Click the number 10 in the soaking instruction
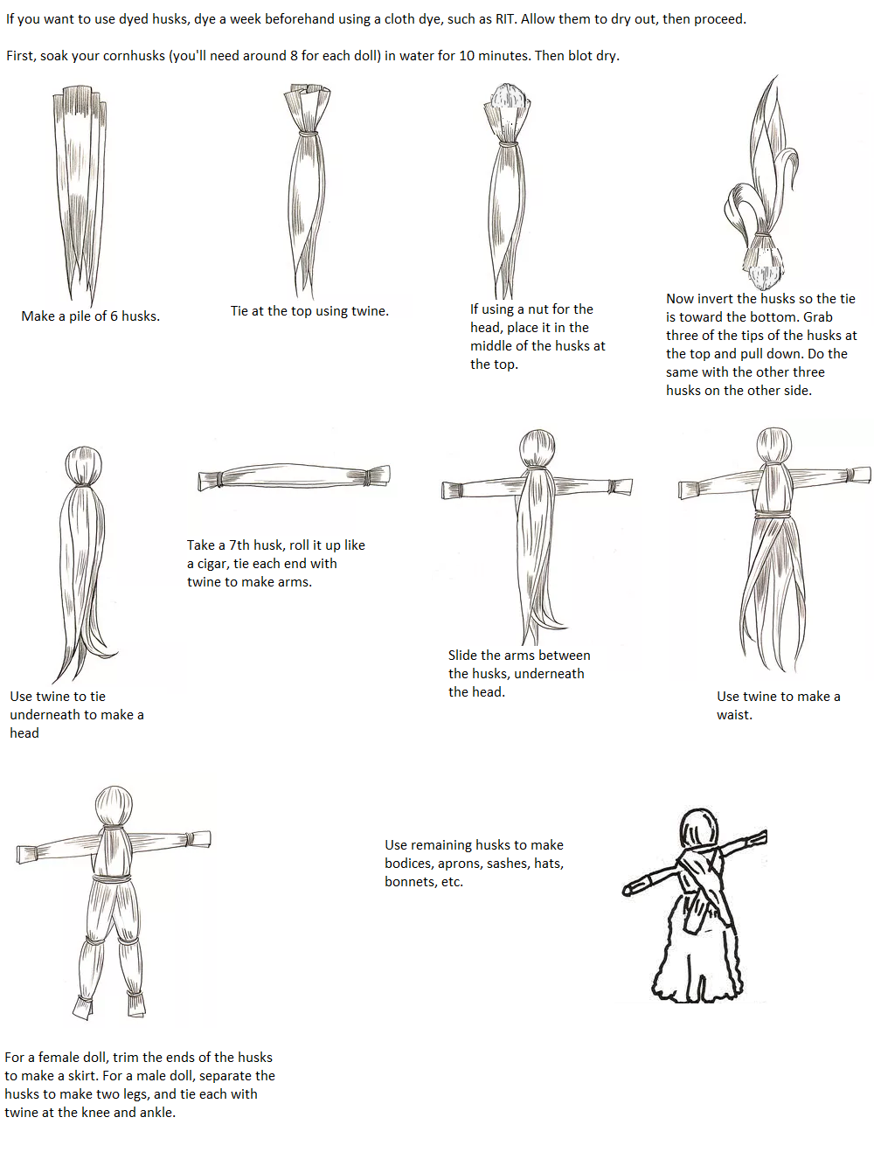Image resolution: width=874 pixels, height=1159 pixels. click(x=467, y=55)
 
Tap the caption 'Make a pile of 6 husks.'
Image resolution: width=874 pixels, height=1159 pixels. click(x=90, y=316)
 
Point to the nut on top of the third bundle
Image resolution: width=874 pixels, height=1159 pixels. click(x=507, y=95)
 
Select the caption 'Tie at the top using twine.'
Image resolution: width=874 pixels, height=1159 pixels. click(x=309, y=311)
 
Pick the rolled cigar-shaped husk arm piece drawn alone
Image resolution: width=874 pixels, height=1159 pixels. click(x=294, y=477)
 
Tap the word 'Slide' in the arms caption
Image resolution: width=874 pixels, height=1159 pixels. click(x=462, y=656)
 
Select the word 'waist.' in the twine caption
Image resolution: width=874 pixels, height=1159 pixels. click(x=734, y=715)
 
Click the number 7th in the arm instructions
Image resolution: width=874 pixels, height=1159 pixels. click(x=239, y=545)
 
